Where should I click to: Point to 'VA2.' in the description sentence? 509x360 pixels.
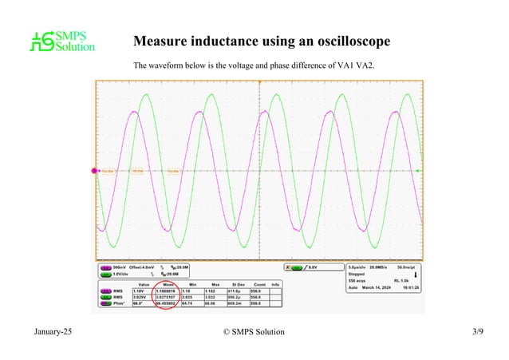(x=363, y=65)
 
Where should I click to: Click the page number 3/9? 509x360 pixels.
(x=478, y=330)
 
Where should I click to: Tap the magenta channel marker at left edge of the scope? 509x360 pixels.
(x=90, y=170)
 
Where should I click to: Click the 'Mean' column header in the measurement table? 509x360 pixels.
(x=169, y=284)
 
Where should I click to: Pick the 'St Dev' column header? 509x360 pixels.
(x=239, y=284)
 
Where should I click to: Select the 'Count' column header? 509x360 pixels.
(x=258, y=284)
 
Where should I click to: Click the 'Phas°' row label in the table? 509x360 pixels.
(x=118, y=303)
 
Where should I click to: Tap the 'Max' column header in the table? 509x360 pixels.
(x=215, y=284)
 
